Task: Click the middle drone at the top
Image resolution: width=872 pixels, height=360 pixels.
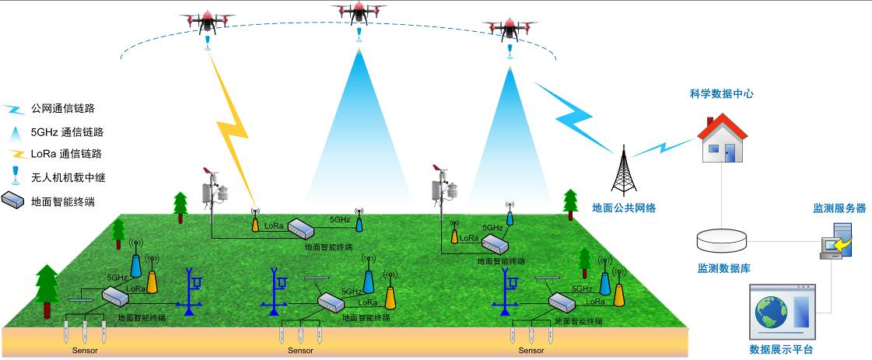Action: pos(359,12)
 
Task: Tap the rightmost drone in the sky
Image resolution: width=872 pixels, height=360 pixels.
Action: pos(510,28)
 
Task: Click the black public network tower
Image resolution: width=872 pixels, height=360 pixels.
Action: pos(622,171)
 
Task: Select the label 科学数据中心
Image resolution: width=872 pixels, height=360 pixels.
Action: pos(721,94)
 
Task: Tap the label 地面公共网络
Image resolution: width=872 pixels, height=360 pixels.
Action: pos(624,208)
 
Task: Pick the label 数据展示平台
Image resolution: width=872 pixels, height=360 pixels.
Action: pos(781,350)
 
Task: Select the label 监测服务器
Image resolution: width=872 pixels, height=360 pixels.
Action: pos(839,208)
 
